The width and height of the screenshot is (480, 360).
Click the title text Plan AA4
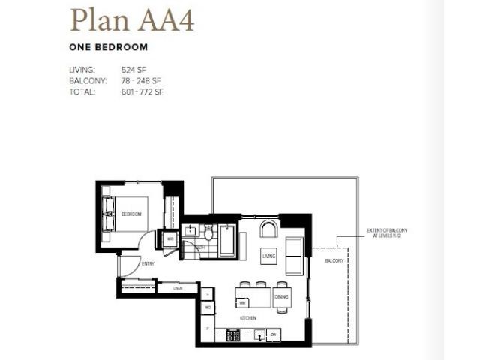click(x=132, y=20)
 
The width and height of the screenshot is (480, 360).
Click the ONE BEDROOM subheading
click(x=108, y=46)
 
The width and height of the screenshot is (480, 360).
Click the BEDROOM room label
click(x=132, y=214)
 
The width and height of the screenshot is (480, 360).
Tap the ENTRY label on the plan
click(x=147, y=263)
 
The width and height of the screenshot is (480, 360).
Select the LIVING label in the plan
click(x=269, y=256)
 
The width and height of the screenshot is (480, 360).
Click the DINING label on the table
click(x=281, y=298)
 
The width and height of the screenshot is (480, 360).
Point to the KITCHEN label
click(x=249, y=318)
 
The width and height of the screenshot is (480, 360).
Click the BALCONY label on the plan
click(x=334, y=260)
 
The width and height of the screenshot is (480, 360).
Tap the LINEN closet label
click(x=178, y=288)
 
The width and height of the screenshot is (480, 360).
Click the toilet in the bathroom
click(x=208, y=232)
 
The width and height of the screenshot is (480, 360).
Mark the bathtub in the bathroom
click(x=227, y=239)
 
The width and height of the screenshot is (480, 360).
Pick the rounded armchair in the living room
click(x=268, y=228)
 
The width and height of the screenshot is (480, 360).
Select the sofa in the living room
click(x=295, y=255)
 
